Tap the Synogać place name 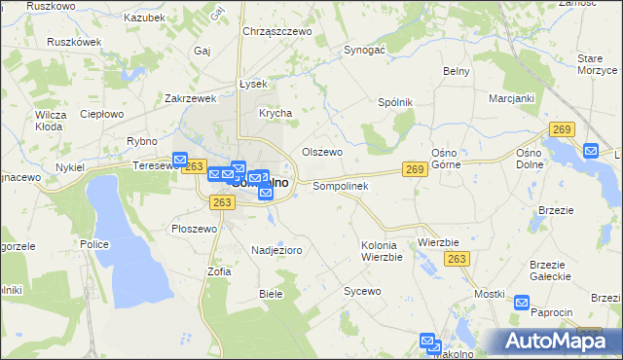tap(366, 49)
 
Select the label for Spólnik tap(395, 102)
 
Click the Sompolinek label tap(339, 186)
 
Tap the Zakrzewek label tap(190, 98)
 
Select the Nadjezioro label tap(276, 250)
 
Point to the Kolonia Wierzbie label tap(382, 251)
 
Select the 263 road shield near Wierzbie tap(458, 259)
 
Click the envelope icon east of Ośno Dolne tap(591, 151)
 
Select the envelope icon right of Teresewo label tap(180, 161)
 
